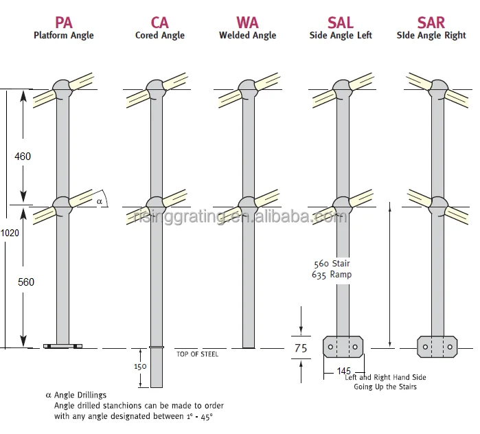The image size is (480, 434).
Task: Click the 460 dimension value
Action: point(23,157)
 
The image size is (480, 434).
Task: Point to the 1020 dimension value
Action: point(10,233)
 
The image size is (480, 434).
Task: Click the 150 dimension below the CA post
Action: point(139,366)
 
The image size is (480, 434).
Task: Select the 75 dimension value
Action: point(301,348)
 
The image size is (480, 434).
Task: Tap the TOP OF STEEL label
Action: point(197,354)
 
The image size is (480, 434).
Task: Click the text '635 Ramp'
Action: point(332,275)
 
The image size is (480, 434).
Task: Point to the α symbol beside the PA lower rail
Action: point(100,201)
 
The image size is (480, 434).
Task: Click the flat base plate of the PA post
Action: point(63,346)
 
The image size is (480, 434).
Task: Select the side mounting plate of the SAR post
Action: point(437,347)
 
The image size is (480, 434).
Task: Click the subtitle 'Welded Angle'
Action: point(247,36)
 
